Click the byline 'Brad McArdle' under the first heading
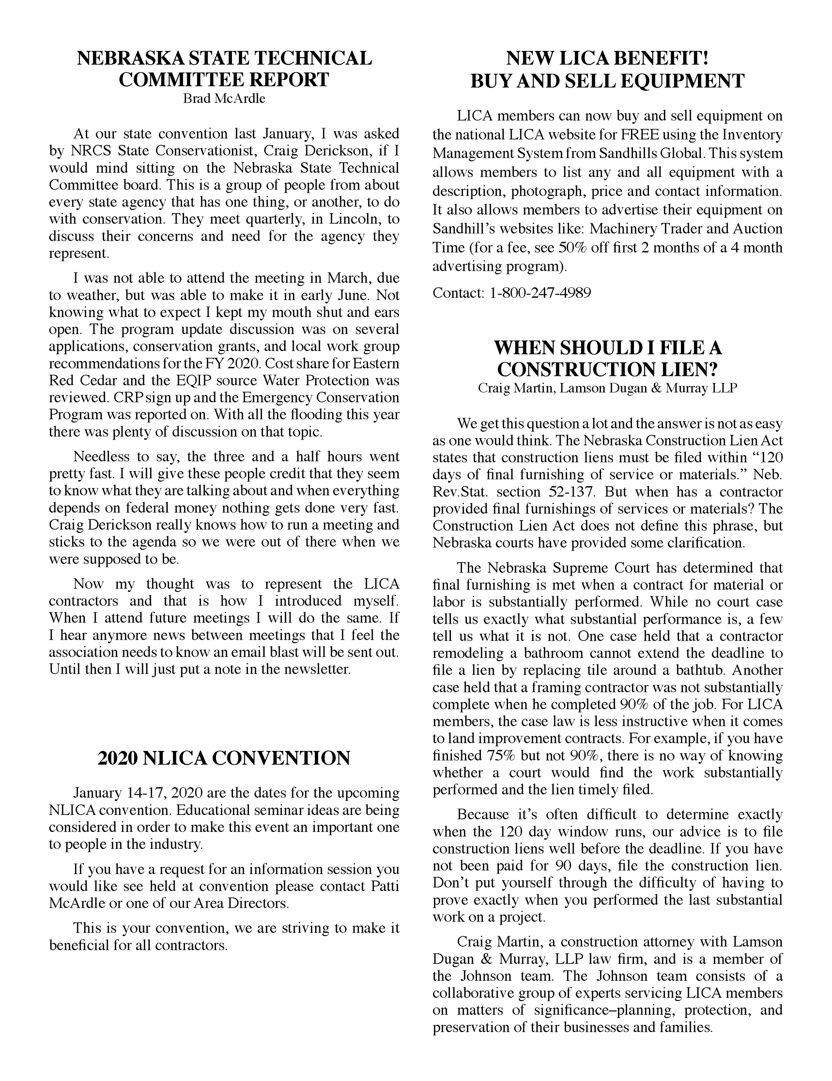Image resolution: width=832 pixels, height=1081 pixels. pos(224,99)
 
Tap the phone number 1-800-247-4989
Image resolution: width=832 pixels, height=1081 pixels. pos(540,293)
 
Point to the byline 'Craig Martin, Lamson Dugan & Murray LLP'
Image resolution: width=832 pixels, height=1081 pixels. pos(607,388)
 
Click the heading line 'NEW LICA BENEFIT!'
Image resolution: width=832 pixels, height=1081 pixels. pos(607,58)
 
